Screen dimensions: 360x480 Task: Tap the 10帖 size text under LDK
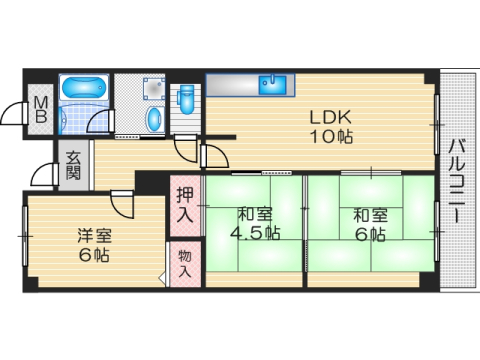tap(329, 137)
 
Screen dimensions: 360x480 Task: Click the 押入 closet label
tap(185, 205)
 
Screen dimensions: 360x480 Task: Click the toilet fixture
tap(187, 100)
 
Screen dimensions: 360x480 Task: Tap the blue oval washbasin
tap(153, 119)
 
